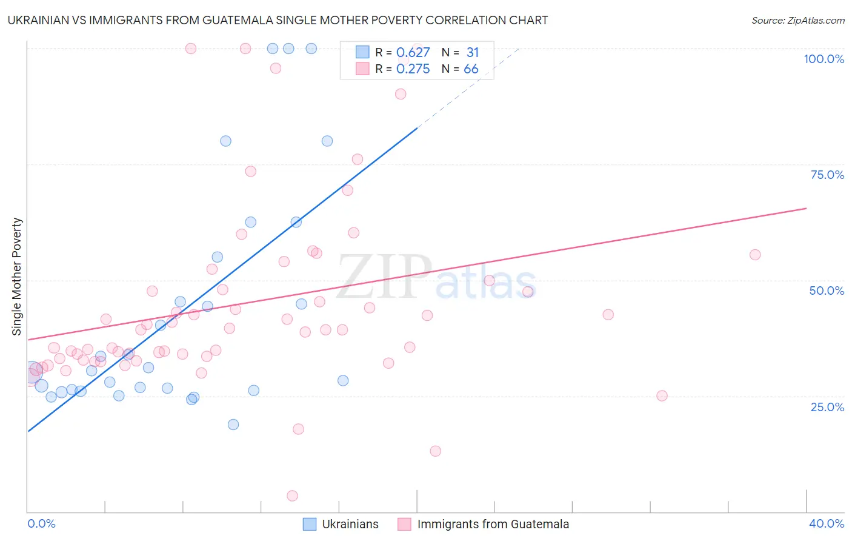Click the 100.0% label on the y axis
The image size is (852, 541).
click(x=824, y=59)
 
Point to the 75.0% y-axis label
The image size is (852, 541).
click(x=827, y=175)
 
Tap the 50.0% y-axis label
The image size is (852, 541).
click(x=827, y=291)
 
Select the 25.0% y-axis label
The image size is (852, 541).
click(x=827, y=407)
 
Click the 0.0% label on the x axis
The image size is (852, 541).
click(x=41, y=523)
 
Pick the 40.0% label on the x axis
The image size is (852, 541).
click(x=826, y=523)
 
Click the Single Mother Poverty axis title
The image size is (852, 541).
click(x=17, y=277)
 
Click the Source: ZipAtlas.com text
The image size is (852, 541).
click(x=797, y=20)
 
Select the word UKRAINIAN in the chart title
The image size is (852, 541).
click(x=38, y=20)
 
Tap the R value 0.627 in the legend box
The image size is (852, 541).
click(x=413, y=53)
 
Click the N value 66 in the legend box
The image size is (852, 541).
click(x=471, y=69)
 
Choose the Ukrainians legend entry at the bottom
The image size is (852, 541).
click(x=341, y=524)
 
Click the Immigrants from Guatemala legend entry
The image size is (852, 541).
click(x=484, y=524)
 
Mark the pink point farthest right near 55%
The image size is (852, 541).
click(x=755, y=255)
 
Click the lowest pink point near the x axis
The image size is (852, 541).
click(x=292, y=496)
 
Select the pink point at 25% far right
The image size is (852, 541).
click(x=662, y=395)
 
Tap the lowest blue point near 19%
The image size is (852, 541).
click(x=233, y=425)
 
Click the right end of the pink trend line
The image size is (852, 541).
click(x=806, y=208)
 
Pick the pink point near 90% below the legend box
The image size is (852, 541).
click(x=401, y=94)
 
